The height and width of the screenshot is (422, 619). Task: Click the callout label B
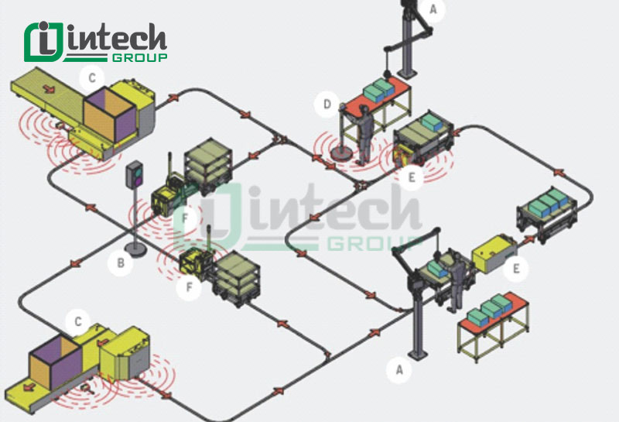[x=121, y=262]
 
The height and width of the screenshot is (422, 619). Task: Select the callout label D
[x=327, y=105]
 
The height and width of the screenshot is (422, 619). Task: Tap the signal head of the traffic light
[x=134, y=174]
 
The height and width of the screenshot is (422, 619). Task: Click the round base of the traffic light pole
[x=135, y=249]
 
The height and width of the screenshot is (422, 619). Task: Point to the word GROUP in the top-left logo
[x=140, y=58]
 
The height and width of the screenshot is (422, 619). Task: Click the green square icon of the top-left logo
[x=43, y=42]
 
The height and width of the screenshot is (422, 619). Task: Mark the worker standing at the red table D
[x=364, y=136]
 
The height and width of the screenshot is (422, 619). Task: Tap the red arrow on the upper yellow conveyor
[x=49, y=88]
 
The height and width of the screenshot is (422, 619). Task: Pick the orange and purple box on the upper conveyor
[x=109, y=114]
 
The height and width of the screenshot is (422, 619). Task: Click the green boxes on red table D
[x=378, y=90]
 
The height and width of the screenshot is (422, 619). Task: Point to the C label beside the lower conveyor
[x=78, y=321]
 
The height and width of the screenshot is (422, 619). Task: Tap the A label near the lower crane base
[x=399, y=370]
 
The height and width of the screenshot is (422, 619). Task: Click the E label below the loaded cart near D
[x=412, y=177]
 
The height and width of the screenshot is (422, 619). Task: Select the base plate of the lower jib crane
[x=418, y=355]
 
